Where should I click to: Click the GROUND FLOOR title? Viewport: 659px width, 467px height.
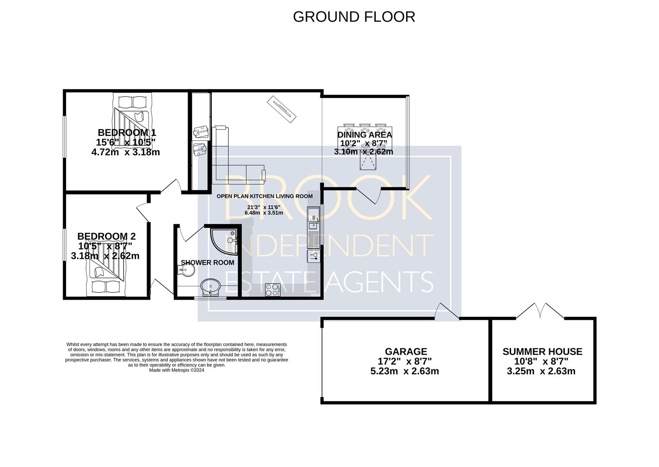354,17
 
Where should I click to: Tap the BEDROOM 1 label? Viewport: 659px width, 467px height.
127,132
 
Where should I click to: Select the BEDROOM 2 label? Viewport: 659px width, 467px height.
106,236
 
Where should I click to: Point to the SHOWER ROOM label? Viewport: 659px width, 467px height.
208,262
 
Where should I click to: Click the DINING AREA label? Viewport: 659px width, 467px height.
365,135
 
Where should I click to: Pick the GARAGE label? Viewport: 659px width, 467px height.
406,352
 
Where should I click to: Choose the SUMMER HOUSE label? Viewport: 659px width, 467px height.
543,352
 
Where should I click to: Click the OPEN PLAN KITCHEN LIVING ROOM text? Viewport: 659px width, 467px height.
265,196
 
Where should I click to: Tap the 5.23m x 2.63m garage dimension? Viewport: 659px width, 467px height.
404,371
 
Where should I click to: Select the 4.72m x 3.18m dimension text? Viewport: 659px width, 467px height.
126,152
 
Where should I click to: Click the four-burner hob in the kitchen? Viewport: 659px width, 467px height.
273,290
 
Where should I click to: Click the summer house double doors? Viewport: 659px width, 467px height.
540,311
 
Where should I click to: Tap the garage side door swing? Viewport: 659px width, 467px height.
447,311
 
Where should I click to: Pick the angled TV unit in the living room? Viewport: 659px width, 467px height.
282,109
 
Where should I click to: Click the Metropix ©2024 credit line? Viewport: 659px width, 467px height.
176,370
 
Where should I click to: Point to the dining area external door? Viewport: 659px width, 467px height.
369,196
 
